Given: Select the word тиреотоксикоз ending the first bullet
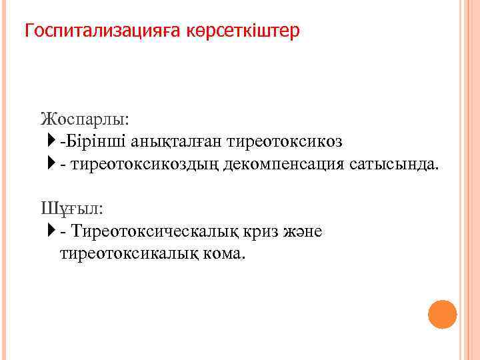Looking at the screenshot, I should (x=285, y=141).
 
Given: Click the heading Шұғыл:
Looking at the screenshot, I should (x=72, y=209).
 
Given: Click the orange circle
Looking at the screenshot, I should (x=442, y=314).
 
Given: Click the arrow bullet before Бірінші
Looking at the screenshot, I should (x=53, y=141).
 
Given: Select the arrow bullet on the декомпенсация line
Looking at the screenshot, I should (x=53, y=164).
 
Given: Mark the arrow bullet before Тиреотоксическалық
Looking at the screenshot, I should (x=53, y=231).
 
